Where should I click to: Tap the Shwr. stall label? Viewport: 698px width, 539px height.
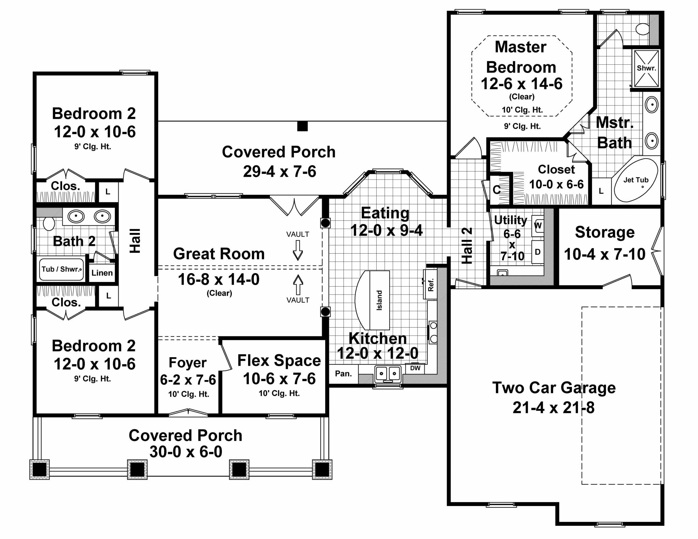[646, 68]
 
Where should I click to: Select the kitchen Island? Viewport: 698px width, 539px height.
[379, 300]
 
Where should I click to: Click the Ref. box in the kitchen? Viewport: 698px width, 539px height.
[430, 285]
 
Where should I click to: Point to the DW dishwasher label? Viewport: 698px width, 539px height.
[415, 368]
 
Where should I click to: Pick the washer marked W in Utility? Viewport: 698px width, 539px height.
[538, 225]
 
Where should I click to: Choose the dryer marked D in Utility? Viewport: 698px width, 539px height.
[538, 252]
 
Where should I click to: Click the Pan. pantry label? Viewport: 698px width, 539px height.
[343, 374]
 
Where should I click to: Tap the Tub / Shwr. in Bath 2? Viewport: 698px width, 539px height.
[61, 269]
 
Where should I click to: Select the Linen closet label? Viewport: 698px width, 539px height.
[102, 273]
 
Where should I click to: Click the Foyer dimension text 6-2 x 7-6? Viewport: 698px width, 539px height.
[188, 379]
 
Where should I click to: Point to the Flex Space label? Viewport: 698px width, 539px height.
[279, 361]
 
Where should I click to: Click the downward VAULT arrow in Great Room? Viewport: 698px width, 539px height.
[298, 250]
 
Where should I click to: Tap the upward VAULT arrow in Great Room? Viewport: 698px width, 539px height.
[298, 285]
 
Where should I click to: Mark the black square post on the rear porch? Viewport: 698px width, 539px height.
[302, 126]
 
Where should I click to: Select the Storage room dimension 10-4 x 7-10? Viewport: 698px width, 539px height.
[605, 254]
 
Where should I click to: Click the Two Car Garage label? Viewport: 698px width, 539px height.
[554, 388]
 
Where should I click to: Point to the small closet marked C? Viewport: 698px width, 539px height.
[497, 190]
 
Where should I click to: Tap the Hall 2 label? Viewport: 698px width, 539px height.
[467, 245]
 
